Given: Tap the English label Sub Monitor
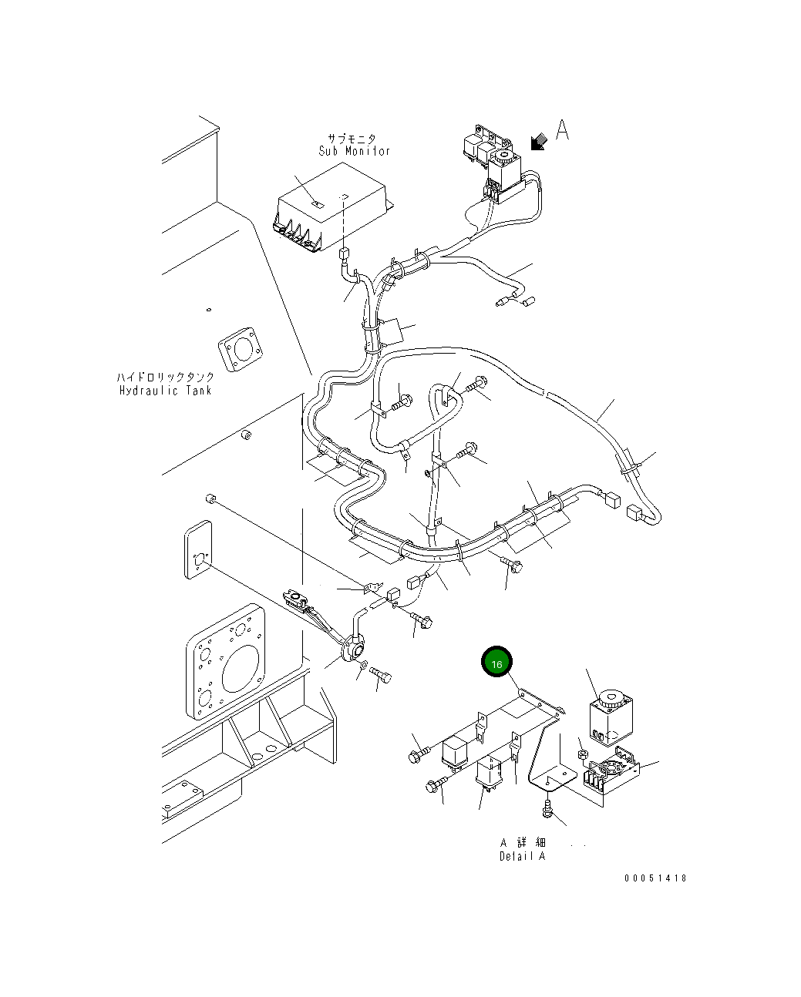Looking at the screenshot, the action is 354,151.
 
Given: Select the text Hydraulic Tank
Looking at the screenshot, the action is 166,391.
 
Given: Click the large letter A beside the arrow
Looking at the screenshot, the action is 562,129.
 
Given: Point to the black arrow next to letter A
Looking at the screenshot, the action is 539,142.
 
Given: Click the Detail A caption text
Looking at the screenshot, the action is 523,856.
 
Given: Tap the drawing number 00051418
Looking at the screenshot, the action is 655,878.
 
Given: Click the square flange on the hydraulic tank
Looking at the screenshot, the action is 240,349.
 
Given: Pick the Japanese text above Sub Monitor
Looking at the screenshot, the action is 352,138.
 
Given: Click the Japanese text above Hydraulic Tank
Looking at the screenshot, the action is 166,377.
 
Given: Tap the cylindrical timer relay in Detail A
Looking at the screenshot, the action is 611,717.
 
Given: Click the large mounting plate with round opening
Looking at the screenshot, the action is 226,661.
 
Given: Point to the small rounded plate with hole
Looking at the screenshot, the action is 198,549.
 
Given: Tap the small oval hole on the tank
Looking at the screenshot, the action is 209,310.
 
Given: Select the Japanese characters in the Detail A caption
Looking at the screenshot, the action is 523,842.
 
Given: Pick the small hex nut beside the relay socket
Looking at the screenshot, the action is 583,755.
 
